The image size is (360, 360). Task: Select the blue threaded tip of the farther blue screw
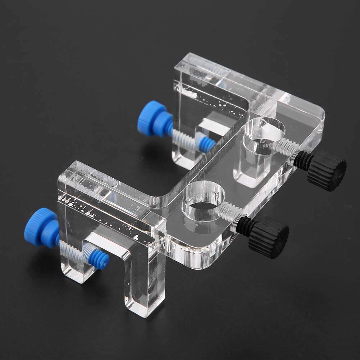point(206,144)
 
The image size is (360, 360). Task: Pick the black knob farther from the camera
point(327,170)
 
